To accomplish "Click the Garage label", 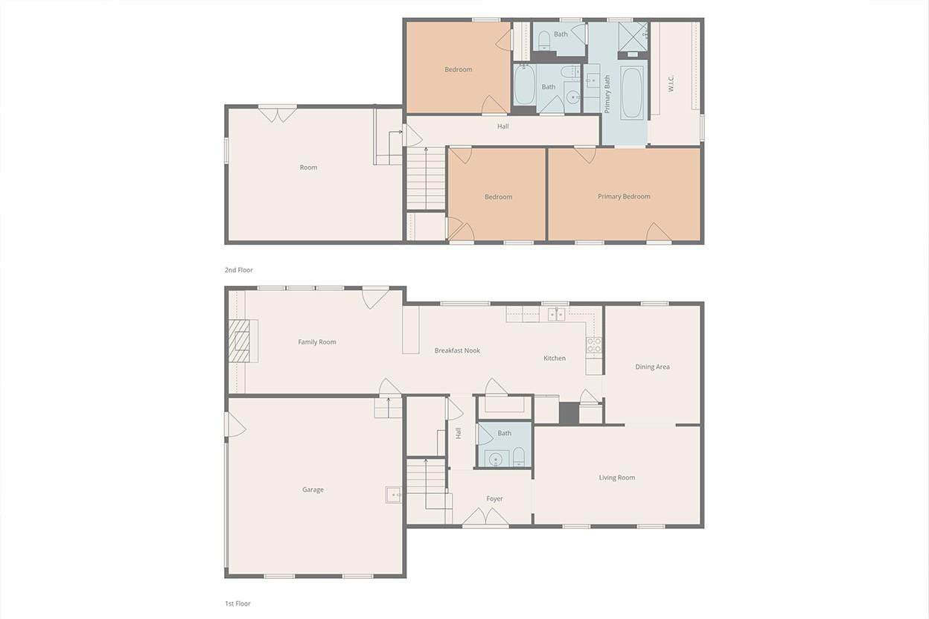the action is coord(313,490).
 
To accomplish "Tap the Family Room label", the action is coord(317,342).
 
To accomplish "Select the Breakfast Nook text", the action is coord(457,350).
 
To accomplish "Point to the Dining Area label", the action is coord(652,367).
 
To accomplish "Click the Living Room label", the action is coord(616,478).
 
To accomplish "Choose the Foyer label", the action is coord(494,498).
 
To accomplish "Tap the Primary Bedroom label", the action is coord(624,196).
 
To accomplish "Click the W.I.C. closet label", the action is coord(671,83).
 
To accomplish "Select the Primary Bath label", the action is coord(607,94).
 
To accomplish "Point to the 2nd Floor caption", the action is coord(238,270).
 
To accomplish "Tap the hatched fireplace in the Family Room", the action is coord(239,341).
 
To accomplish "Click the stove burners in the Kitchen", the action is coord(594,345).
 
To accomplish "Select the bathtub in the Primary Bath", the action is coord(632,93).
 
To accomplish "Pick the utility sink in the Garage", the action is coord(393,495).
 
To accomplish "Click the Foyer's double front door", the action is coord(485,516).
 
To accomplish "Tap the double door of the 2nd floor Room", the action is coord(278,115).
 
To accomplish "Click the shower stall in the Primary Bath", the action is coord(633,36).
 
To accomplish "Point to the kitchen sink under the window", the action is coord(557,314).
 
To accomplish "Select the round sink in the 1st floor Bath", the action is coord(495,459).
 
